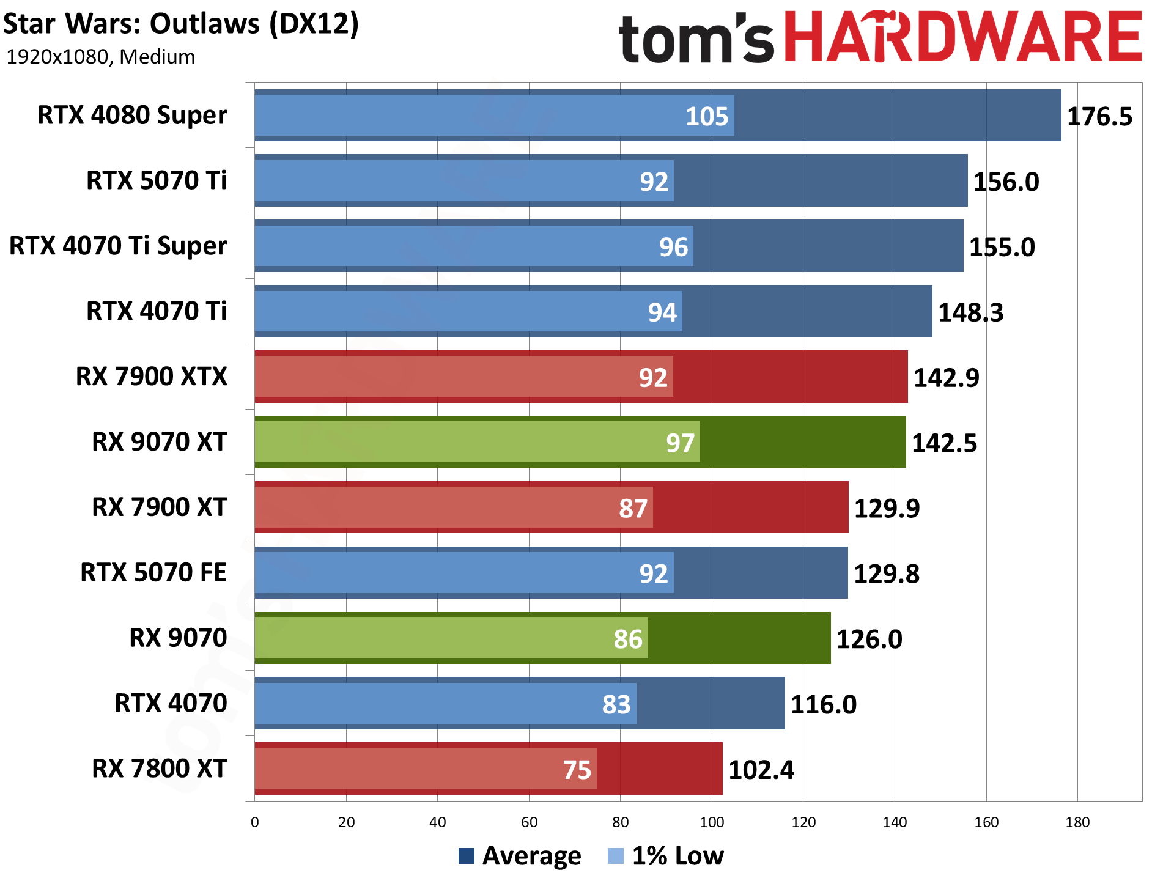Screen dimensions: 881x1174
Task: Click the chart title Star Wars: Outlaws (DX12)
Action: click(x=181, y=24)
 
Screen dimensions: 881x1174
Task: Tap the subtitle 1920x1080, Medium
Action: click(x=101, y=57)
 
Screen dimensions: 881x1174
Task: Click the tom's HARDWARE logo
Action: click(x=880, y=38)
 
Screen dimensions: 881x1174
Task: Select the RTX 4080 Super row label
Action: click(x=132, y=115)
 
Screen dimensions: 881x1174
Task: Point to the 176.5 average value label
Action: click(x=1099, y=117)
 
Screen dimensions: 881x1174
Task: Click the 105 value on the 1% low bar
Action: click(x=707, y=117)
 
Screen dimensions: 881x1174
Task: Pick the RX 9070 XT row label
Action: click(x=160, y=441)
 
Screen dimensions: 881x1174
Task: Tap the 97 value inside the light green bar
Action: click(x=680, y=443)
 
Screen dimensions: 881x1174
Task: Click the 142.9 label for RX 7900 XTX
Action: click(x=946, y=378)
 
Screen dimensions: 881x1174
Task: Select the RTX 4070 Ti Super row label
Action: click(x=118, y=246)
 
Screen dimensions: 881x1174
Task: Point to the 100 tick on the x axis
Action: click(x=712, y=822)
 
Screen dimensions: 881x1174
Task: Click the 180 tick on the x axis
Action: click(x=1077, y=822)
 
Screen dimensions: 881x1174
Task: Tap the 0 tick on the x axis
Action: click(x=255, y=822)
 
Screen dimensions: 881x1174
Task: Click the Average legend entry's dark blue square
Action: click(x=467, y=856)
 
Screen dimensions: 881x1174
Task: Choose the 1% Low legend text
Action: click(x=677, y=856)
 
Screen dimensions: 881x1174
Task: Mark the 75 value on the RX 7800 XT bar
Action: click(x=577, y=770)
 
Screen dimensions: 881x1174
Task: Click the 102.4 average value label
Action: click(x=761, y=770)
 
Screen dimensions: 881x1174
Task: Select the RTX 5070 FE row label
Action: click(x=153, y=572)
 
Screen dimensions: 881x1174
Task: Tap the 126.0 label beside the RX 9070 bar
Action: click(x=869, y=640)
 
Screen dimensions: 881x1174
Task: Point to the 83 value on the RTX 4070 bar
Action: click(x=616, y=705)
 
